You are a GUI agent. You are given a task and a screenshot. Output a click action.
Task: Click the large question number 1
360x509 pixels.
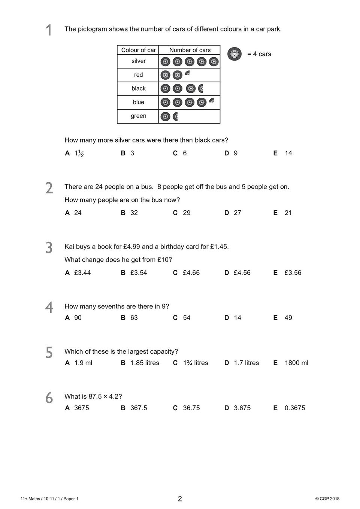[x=49, y=30]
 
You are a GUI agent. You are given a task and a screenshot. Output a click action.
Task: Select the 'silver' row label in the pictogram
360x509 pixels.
[x=138, y=61]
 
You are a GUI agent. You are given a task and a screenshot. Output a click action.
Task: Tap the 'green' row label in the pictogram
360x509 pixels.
[x=138, y=116]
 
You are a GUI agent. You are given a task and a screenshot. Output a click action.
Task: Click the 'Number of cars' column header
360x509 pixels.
[x=190, y=50]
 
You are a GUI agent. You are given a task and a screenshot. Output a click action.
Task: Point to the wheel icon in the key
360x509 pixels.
[x=235, y=54]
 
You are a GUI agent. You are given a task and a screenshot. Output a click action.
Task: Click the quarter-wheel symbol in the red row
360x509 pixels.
[x=187, y=73]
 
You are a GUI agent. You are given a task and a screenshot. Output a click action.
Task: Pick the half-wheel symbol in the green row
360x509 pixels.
[x=175, y=116]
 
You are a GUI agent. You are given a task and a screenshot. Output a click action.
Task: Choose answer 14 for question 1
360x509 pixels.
[x=288, y=153]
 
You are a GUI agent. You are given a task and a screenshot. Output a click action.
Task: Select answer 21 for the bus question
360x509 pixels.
[x=288, y=213]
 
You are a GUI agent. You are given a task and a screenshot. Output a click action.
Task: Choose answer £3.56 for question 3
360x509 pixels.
[x=293, y=273]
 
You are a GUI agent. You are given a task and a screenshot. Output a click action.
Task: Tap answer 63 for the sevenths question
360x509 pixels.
[x=134, y=318]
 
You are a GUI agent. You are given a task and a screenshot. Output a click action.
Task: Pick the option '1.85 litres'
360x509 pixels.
[x=145, y=363]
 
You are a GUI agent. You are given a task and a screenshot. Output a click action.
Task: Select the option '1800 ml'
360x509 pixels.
[x=296, y=363]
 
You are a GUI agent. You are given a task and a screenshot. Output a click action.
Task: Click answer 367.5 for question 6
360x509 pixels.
[x=139, y=408]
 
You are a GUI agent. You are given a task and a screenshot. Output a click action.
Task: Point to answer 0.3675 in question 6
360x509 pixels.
[x=295, y=408]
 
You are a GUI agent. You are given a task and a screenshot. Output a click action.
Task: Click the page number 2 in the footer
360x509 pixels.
[x=180, y=499]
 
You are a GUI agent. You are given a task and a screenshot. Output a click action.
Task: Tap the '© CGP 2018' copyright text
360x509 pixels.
[x=327, y=499]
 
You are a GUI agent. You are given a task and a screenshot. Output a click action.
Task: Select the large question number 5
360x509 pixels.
[x=49, y=353]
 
